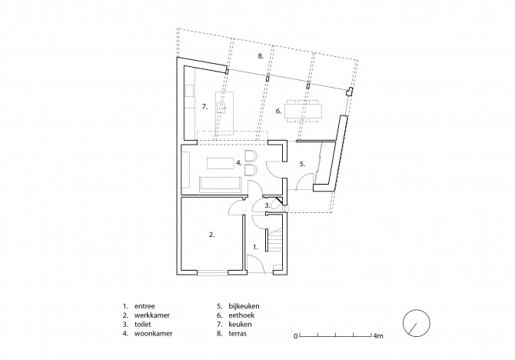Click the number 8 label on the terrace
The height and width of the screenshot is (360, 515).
click(261, 56)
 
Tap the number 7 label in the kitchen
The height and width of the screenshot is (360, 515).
click(204, 106)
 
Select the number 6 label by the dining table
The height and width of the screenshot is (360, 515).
click(278, 111)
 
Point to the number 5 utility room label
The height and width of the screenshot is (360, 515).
click(302, 164)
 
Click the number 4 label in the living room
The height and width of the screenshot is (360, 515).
click(239, 162)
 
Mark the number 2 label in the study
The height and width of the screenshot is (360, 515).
click(212, 235)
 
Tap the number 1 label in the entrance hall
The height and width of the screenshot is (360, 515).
click(255, 247)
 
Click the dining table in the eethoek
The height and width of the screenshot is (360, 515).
click(304, 111)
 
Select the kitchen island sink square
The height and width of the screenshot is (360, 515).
click(221, 107)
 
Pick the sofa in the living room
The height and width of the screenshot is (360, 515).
click(221, 184)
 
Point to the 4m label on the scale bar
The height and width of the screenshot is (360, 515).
click(378, 336)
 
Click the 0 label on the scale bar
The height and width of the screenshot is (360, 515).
click(296, 336)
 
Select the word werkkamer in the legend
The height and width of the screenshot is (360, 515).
click(152, 315)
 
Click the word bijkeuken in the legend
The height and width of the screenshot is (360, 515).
click(244, 306)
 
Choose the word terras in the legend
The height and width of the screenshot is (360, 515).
click(238, 333)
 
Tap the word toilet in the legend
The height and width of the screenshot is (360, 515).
click(142, 324)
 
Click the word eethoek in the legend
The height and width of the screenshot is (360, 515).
click(241, 315)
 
